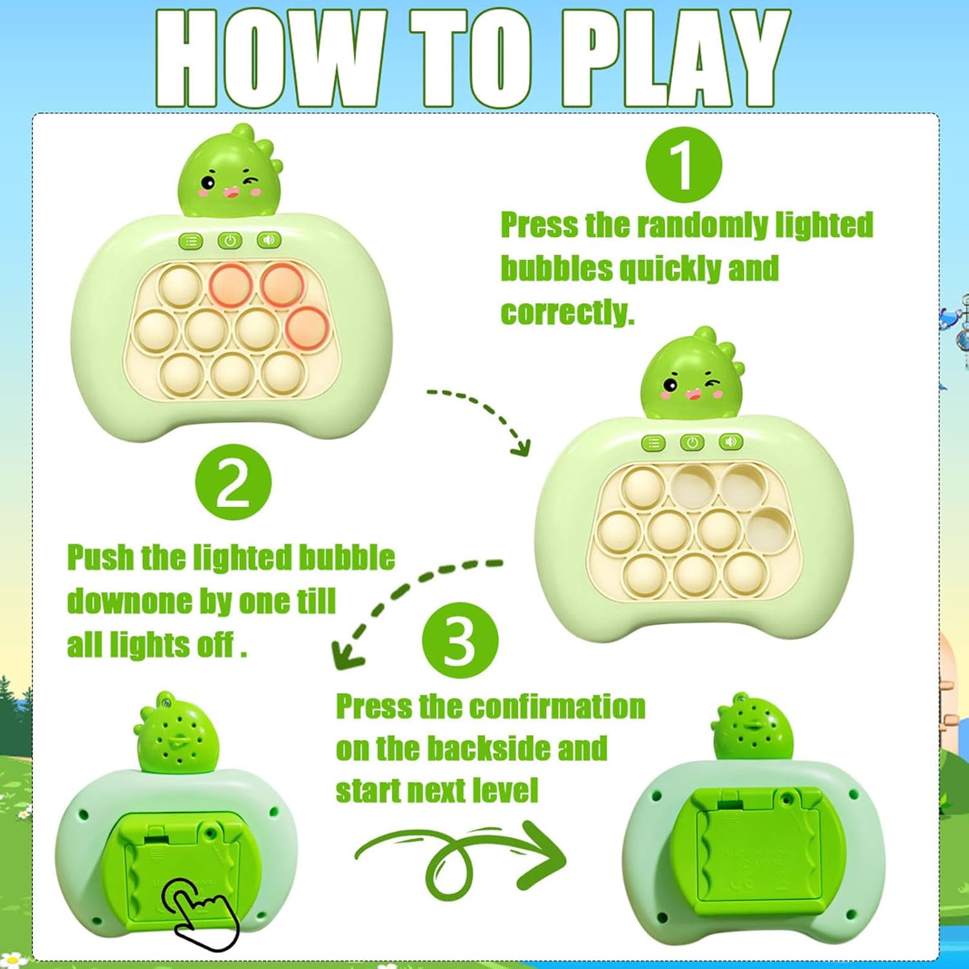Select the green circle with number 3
coord(460,641)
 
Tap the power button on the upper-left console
coord(230,241)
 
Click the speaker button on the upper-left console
coord(269,240)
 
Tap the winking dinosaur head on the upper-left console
coord(229,172)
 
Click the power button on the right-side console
coord(693,443)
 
